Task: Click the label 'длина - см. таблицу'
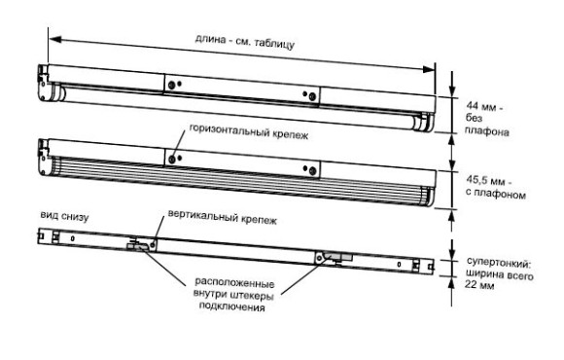click(x=245, y=42)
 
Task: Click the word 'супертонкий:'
click(x=499, y=263)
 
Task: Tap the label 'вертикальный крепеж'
click(x=223, y=217)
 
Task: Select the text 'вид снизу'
click(x=64, y=216)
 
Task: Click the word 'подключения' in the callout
click(x=232, y=307)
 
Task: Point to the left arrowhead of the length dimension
click(x=54, y=39)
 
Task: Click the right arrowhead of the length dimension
click(x=429, y=69)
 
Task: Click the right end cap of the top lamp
click(x=424, y=123)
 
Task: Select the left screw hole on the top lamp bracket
click(x=171, y=85)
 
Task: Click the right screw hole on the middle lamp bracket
click(x=312, y=170)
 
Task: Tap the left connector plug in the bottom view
click(x=137, y=245)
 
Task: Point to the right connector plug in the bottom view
click(x=340, y=257)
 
